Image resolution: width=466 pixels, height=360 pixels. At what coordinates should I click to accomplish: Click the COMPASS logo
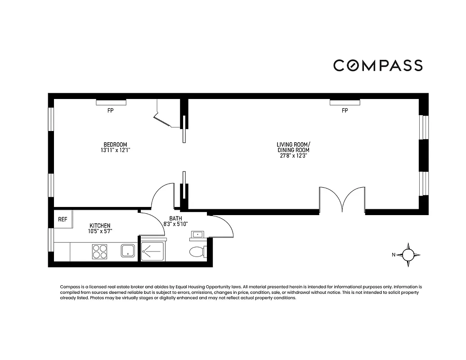tap(378, 66)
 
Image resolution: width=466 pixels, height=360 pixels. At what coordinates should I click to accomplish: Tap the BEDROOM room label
tap(115, 144)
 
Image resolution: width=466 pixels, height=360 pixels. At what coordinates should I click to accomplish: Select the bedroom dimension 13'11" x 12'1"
tap(115, 150)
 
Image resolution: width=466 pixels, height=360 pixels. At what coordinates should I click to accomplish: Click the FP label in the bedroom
tap(111, 110)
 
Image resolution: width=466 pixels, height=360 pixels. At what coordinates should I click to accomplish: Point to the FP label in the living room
tap(345, 110)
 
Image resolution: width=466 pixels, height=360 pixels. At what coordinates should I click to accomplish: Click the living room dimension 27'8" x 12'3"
tap(293, 156)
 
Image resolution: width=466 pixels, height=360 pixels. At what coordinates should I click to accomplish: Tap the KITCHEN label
tap(100, 225)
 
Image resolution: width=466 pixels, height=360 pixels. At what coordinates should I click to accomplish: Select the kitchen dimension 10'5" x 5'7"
tap(100, 231)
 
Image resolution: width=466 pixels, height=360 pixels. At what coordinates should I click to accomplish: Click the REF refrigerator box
tap(63, 220)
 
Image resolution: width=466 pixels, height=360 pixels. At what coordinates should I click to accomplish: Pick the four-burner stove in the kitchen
tap(100, 251)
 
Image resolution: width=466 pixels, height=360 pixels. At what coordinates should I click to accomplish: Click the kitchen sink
tap(128, 251)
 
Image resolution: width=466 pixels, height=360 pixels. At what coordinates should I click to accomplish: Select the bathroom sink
tap(198, 235)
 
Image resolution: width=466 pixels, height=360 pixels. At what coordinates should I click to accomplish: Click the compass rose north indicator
tap(408, 255)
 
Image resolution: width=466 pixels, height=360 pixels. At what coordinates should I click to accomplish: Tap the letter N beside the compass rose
tap(394, 255)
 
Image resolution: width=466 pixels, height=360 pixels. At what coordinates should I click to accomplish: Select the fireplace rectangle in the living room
tap(345, 103)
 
